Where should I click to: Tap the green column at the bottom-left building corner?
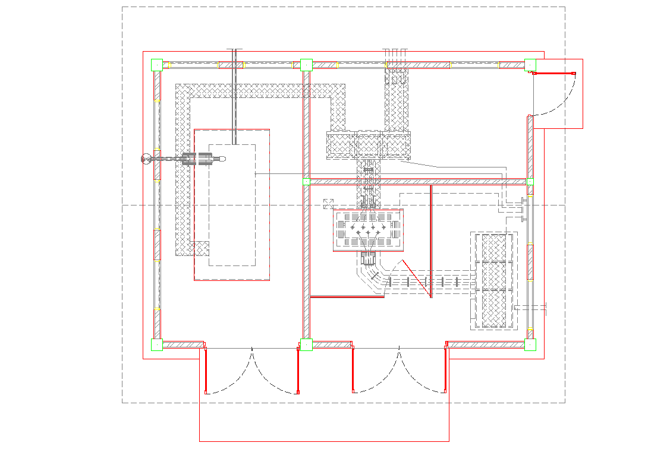(x=157, y=344)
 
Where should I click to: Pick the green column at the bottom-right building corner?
(x=530, y=344)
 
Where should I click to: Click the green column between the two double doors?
(x=306, y=344)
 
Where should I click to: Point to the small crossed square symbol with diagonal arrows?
(x=327, y=204)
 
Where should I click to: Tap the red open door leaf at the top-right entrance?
(x=553, y=73)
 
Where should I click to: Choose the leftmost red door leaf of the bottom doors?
(x=206, y=371)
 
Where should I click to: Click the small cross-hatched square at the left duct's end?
(x=201, y=248)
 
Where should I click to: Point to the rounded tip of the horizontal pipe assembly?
(x=224, y=159)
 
